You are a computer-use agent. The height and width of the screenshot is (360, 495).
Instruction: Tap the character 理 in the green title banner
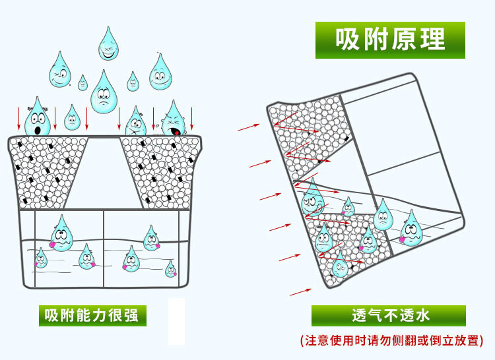point(433,40)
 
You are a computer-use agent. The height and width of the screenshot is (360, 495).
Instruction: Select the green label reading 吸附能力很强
point(92,316)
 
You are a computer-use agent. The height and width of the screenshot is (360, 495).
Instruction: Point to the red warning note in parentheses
point(391,341)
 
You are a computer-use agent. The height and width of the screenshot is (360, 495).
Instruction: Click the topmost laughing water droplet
point(109,42)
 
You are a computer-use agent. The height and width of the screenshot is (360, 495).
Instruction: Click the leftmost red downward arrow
point(18,117)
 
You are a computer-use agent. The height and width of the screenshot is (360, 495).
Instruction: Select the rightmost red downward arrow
point(192,117)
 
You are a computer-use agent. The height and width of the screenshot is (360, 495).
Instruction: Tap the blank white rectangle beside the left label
point(176,321)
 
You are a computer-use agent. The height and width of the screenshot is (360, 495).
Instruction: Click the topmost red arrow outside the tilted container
point(248,126)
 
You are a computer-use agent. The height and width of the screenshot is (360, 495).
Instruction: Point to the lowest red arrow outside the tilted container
point(300,291)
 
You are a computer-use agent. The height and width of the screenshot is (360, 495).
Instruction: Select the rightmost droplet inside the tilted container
point(411,229)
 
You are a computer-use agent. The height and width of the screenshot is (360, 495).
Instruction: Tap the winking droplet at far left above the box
point(60,71)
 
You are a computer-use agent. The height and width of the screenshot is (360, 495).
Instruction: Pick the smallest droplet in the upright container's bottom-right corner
point(170,268)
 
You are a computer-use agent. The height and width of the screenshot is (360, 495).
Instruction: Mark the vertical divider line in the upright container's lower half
point(104,248)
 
